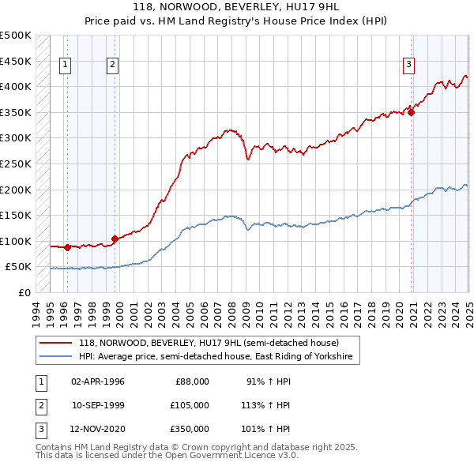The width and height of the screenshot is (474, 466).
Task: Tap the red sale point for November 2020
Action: point(412,112)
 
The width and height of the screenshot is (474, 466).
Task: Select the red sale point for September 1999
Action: point(115,238)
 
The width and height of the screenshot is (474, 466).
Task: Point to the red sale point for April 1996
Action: point(67,247)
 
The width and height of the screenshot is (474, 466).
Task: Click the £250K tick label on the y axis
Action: point(16,163)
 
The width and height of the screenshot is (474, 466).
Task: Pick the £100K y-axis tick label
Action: point(16,241)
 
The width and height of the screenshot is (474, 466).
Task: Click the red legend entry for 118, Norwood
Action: point(209,343)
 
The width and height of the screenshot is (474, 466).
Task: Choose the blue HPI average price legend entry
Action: point(218,357)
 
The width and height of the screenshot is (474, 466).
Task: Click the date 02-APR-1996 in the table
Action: point(98,381)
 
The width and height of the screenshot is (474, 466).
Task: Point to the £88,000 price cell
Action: point(192,381)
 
